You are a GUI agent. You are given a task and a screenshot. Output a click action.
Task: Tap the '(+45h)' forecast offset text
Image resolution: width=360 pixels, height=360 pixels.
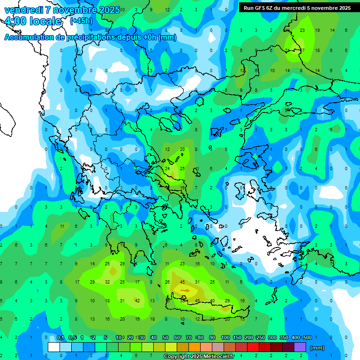(x=81, y=21)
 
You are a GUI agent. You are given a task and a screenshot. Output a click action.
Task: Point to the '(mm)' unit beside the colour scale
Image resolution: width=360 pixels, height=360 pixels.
(x=317, y=348)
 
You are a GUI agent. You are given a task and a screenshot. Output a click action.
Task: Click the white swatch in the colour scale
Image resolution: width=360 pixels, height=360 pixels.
(x=54, y=347)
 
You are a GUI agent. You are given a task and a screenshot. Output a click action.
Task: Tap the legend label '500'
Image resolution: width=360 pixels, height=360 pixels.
(x=307, y=337)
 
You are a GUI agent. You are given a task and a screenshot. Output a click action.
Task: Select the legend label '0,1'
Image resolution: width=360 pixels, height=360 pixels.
(x=60, y=337)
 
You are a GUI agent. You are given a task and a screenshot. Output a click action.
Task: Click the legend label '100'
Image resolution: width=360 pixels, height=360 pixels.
(x=225, y=337)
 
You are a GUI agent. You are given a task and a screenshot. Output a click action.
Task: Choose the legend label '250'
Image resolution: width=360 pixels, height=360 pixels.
(x=260, y=337)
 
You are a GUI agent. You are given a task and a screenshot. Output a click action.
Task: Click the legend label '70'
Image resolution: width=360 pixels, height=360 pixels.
(x=189, y=337)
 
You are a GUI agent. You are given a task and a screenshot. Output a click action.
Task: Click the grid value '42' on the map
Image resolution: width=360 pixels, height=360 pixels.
(x=137, y=300)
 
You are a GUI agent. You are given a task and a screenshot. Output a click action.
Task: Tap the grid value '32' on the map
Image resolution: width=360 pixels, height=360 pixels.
(x=107, y=282)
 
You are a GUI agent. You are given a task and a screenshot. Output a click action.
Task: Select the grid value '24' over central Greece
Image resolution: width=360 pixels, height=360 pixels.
(x=167, y=168)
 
